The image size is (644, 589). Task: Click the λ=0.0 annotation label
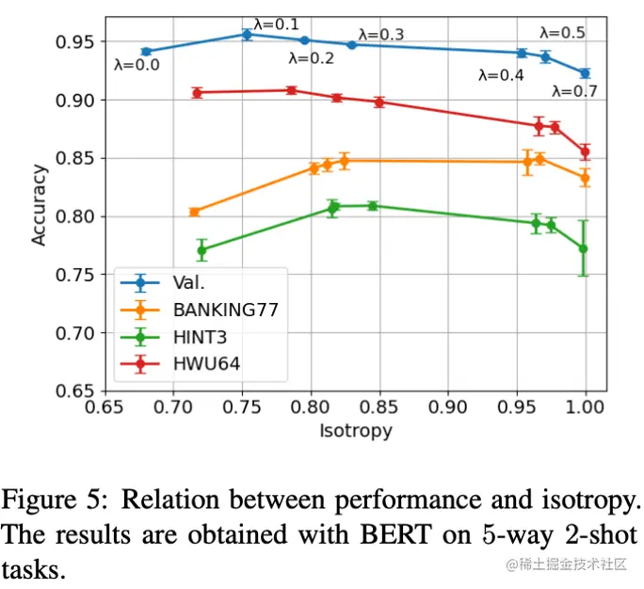[137, 66]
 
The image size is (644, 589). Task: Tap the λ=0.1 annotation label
[276, 23]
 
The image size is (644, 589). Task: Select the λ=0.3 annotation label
[381, 35]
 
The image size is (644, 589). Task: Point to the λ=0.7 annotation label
[574, 91]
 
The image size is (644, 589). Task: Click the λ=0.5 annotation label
[562, 33]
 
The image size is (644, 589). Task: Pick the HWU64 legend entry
[206, 361]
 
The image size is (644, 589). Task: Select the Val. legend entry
[188, 283]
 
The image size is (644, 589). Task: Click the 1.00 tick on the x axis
[586, 410]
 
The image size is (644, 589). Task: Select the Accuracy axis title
[39, 205]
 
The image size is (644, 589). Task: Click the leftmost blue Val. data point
[146, 51]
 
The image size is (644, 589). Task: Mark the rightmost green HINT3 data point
[584, 248]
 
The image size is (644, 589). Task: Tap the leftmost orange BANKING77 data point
[194, 212]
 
